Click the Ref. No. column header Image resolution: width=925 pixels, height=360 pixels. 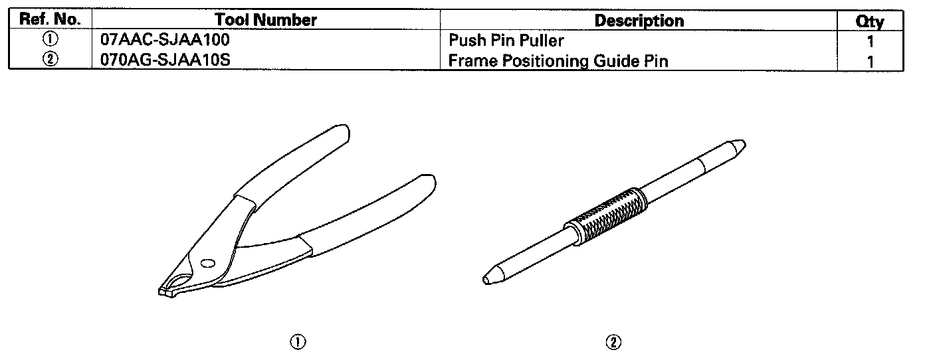click(51, 21)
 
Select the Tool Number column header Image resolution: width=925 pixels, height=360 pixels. click(266, 21)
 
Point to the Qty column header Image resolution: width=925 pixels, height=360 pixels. click(870, 22)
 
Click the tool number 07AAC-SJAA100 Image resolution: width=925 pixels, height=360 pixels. click(165, 41)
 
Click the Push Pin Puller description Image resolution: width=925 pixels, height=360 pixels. click(506, 41)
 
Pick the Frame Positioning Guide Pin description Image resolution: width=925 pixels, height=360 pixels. click(558, 61)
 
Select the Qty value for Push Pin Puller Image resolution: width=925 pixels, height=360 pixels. click(871, 42)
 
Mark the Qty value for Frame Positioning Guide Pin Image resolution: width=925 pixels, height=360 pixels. click(871, 62)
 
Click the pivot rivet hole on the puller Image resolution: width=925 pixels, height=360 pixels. click(207, 262)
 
